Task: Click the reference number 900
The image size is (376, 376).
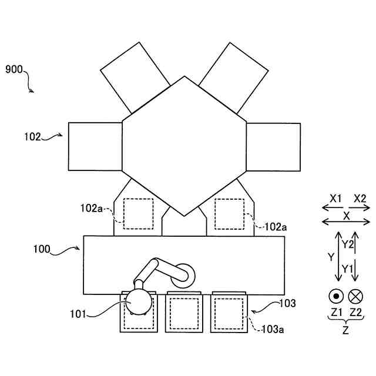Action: [14, 69]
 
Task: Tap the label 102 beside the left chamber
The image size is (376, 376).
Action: [32, 137]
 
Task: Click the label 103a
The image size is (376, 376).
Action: [273, 330]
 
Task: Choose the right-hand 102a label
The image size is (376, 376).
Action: [276, 226]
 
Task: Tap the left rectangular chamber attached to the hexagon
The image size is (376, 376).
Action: [95, 147]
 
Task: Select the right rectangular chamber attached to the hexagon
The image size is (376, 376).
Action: [273, 147]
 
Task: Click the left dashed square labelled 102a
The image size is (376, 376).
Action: [138, 214]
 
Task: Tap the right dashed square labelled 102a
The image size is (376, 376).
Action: [230, 214]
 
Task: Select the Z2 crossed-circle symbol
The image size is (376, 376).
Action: [355, 297]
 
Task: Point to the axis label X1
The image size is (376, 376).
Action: [335, 199]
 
